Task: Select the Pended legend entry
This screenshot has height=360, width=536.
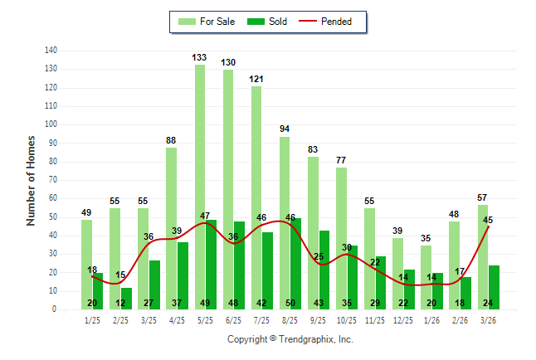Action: [x=334, y=22]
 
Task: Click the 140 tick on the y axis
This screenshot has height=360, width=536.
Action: [x=51, y=50]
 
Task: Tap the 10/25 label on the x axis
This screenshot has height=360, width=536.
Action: [x=347, y=320]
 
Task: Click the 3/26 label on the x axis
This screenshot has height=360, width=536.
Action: [x=489, y=320]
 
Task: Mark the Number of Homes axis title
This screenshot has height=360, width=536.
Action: [x=31, y=180]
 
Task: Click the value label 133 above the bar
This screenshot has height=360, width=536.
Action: [x=200, y=57]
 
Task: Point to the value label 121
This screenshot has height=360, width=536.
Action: [x=256, y=79]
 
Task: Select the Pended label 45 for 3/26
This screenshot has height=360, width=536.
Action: [x=489, y=220]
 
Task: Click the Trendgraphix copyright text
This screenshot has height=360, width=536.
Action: [x=290, y=339]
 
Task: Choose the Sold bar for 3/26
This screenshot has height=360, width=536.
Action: [x=495, y=288]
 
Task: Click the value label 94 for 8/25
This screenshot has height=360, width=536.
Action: [x=285, y=129]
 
